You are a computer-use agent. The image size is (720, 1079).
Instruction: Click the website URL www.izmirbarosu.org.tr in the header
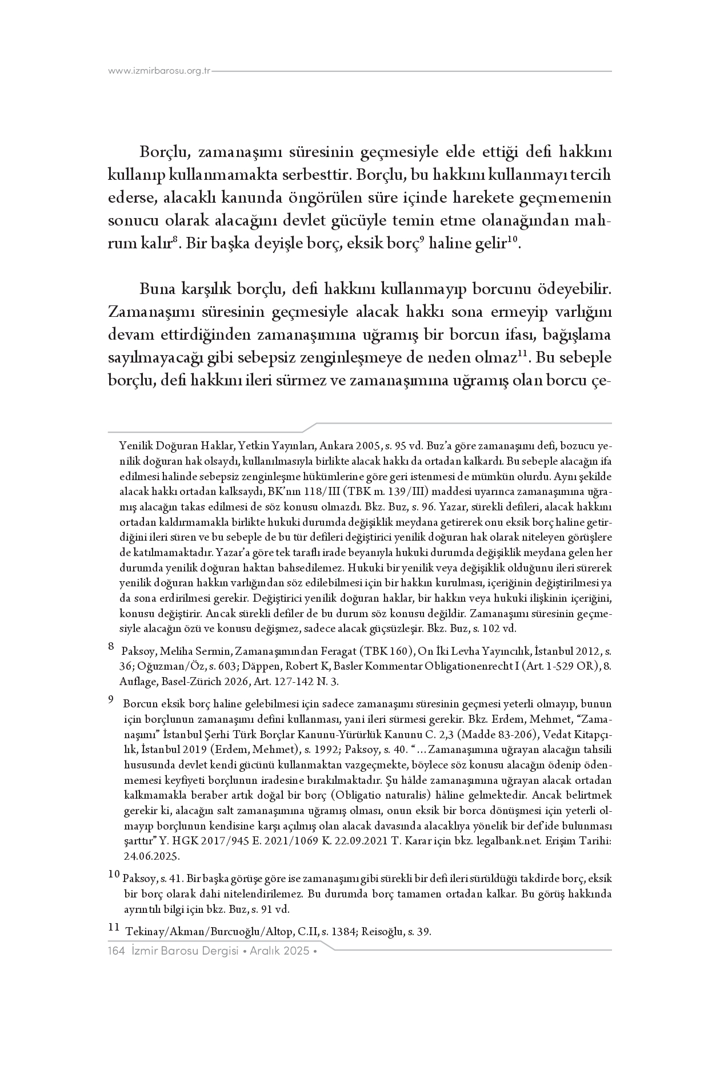point(159,71)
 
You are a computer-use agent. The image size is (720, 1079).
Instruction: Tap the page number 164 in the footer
point(116,951)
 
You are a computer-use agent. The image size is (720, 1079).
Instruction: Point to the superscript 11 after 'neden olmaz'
point(521,354)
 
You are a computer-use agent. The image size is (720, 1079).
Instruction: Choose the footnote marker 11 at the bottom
point(114,928)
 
